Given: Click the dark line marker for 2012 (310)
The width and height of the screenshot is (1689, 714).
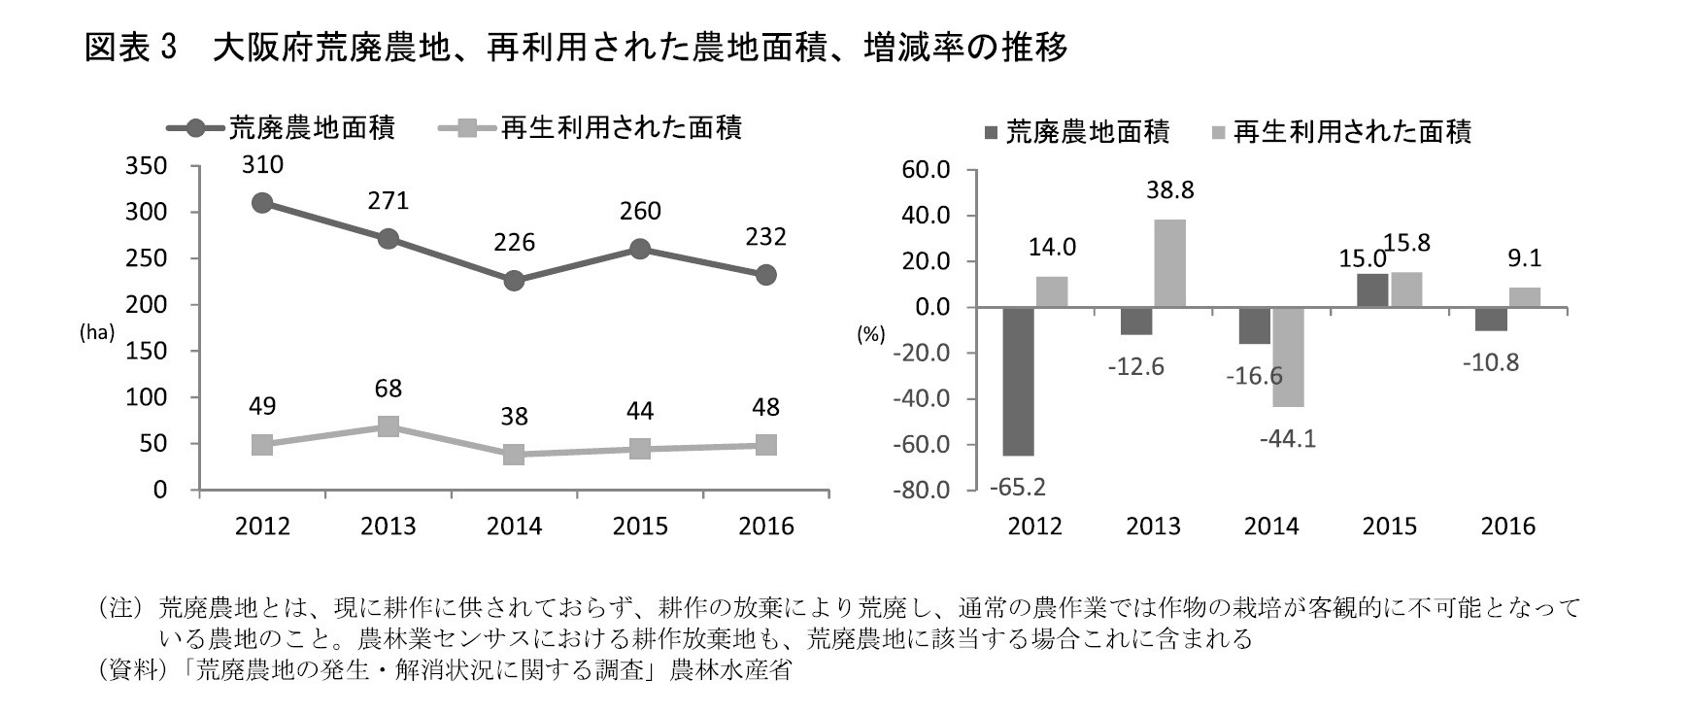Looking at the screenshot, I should click(262, 203).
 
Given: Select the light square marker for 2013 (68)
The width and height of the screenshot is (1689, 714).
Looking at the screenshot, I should click(388, 426).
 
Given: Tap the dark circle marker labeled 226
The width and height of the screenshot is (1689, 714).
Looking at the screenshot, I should click(514, 281).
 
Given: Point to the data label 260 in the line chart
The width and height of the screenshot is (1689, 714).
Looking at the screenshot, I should click(639, 212).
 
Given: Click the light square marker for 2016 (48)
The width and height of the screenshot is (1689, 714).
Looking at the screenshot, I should click(765, 445).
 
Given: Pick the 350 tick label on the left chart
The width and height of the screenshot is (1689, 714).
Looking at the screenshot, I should click(146, 166).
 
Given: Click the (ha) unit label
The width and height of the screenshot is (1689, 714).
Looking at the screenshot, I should click(97, 331).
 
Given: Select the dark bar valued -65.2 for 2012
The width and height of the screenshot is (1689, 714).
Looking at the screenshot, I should click(1018, 381).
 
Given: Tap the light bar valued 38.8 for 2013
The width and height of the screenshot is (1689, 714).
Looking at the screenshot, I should click(1169, 263).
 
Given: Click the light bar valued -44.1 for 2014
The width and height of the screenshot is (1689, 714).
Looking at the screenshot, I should click(1289, 357).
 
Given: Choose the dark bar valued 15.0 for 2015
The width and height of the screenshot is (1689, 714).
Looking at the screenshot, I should click(1371, 290).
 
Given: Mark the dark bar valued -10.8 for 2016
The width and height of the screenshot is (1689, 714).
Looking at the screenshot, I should click(1491, 319).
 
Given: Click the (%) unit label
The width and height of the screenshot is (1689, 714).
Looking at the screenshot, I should click(870, 335).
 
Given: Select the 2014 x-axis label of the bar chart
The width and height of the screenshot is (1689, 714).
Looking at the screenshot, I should click(1271, 527).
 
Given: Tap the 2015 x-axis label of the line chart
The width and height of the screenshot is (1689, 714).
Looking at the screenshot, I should click(639, 527).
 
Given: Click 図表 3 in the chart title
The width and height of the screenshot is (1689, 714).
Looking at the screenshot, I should click(128, 48).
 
